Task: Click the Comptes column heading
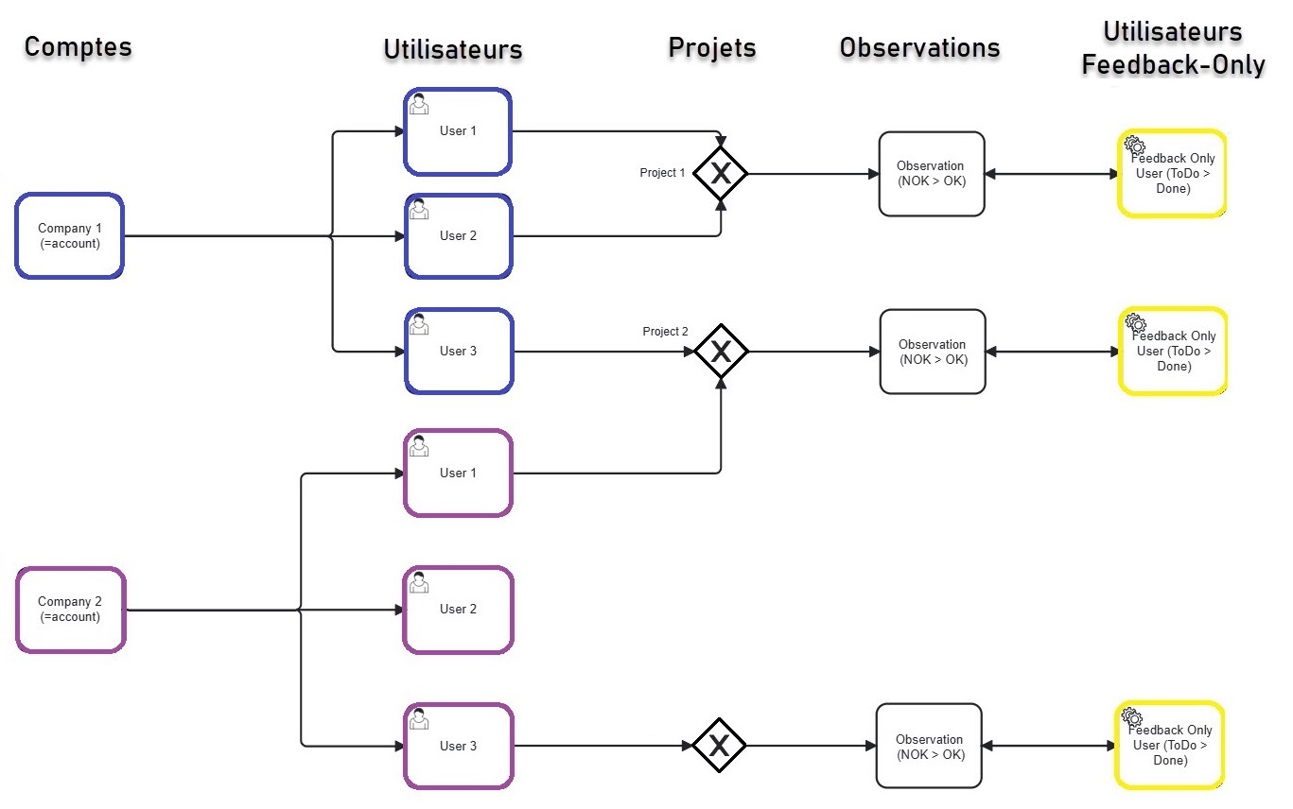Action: [78, 46]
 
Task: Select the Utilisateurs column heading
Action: [452, 49]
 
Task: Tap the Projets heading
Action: [711, 47]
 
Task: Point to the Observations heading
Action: [919, 47]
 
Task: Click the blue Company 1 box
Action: [69, 235]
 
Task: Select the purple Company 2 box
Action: [70, 609]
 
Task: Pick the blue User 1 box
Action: [458, 131]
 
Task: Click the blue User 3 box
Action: [459, 351]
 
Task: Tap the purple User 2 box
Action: [458, 610]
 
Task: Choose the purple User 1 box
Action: [458, 473]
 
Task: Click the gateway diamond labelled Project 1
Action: [721, 173]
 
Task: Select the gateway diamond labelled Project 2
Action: [721, 352]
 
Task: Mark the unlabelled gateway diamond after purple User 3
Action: [719, 746]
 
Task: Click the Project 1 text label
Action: [662, 173]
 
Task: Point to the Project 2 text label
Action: [665, 332]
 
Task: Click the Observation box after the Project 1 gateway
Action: [932, 174]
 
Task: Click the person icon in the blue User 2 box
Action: [419, 210]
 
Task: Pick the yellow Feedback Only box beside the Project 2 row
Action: [1172, 351]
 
